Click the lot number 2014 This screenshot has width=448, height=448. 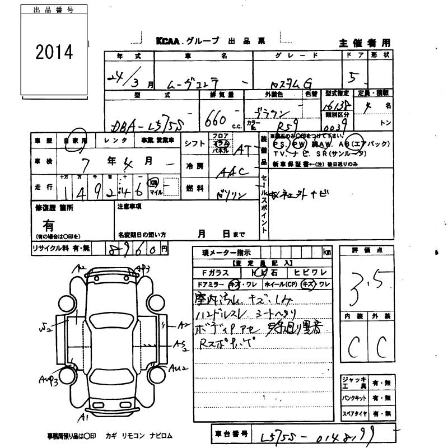pos(54,53)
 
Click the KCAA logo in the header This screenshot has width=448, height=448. pos(169,41)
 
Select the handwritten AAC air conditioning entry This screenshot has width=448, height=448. pos(232,171)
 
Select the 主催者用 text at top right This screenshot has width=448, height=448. pos(365,43)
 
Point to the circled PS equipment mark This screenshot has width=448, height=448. pos(278,144)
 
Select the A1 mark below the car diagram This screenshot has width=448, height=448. pos(84,417)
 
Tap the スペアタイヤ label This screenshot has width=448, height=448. pos(354,414)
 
